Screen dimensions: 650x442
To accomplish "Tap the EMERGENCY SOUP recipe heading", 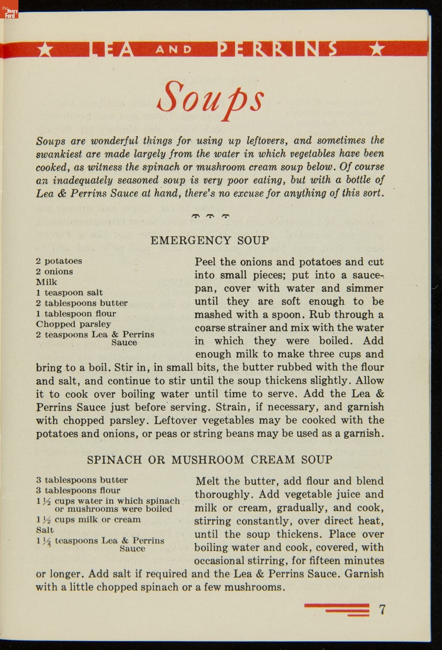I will [210, 241].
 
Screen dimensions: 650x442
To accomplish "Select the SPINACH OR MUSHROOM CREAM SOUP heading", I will [210, 459].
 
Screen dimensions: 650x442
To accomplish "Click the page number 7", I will [382, 609].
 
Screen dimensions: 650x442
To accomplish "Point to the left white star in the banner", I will [45, 50].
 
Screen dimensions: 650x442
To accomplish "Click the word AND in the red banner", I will [173, 49].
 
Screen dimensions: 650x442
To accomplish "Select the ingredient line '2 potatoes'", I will [59, 261].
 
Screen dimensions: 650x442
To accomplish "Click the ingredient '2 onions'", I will [55, 272].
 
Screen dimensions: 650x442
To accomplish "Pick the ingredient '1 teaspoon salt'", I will [69, 293].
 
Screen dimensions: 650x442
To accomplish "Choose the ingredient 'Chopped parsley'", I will [73, 324].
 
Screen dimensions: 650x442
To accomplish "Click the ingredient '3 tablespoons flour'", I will [78, 490].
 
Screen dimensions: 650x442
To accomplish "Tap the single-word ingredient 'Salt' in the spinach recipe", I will [45, 530].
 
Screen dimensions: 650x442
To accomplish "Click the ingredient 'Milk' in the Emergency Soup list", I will [46, 282].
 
